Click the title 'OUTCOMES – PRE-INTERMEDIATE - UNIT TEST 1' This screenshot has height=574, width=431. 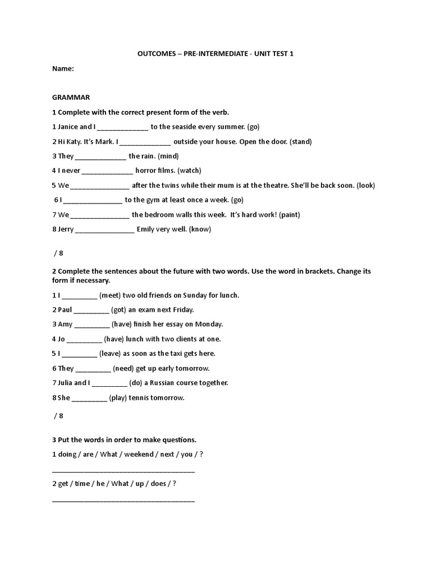215,54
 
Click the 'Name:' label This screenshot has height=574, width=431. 63,68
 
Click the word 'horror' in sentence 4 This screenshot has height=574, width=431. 146,170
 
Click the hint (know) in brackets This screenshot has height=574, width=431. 200,229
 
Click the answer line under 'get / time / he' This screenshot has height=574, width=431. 123,499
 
